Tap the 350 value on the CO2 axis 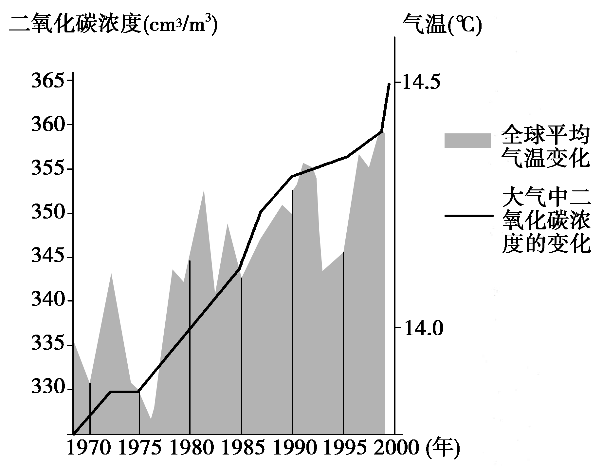[x=47, y=213]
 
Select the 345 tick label [x=47, y=257]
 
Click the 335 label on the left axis [x=47, y=345]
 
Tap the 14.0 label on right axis [x=422, y=328]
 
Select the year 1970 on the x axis [x=89, y=448]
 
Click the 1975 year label [x=140, y=448]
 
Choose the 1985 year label [x=243, y=448]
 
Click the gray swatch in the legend [x=467, y=140]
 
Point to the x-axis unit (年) [x=443, y=448]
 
